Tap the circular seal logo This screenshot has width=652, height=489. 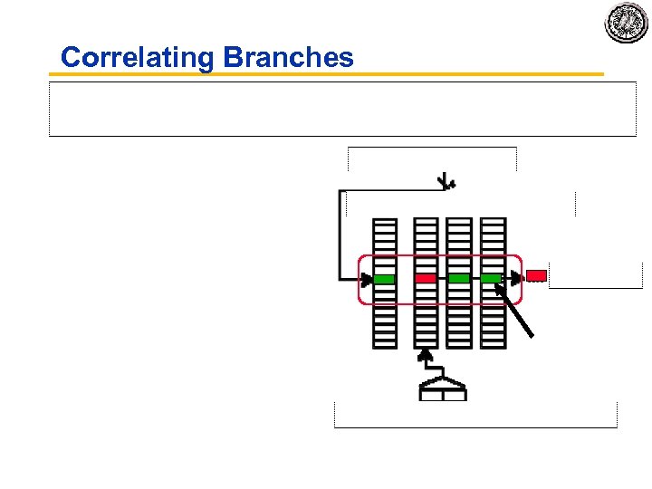click(626, 22)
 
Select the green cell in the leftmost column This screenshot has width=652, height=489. click(385, 278)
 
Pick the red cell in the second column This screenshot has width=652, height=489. click(426, 278)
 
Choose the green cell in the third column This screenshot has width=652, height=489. click(459, 278)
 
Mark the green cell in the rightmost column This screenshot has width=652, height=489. click(492, 278)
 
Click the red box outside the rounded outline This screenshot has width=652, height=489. click(536, 275)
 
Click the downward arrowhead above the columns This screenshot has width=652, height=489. click(446, 184)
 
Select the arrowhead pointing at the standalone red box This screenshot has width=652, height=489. click(518, 276)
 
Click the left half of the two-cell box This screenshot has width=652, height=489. click(431, 395)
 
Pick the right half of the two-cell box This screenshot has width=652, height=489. click(454, 395)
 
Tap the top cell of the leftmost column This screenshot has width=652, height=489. click(385, 221)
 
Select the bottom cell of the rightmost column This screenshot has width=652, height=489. click(493, 344)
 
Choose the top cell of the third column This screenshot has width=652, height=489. click(459, 221)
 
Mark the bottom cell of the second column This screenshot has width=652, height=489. click(426, 344)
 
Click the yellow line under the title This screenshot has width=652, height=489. click(326, 74)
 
